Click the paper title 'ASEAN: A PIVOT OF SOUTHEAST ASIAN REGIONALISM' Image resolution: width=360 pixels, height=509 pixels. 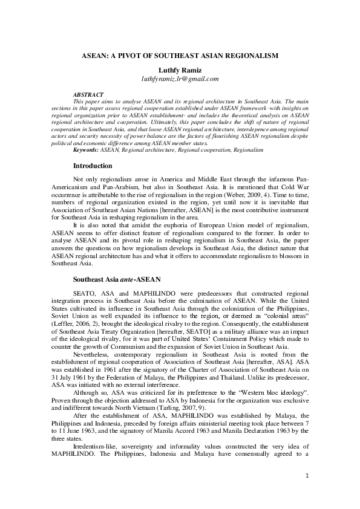click(180, 56)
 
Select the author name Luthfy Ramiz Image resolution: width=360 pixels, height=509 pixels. click(180, 70)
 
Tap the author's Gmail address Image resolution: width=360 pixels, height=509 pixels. click(180, 79)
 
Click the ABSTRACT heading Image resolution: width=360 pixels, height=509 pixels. click(87, 96)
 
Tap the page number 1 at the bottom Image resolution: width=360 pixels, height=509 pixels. click(307, 477)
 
